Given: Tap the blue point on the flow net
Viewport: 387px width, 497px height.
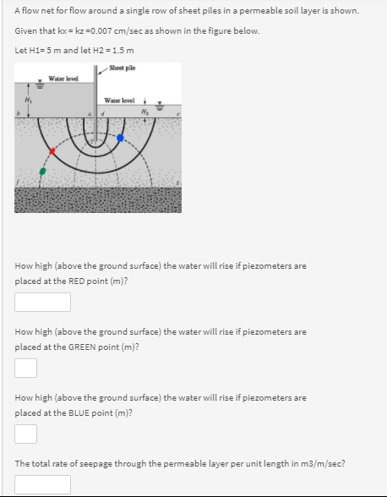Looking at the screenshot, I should pos(120,137).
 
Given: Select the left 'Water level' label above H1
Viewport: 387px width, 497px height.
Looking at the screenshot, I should pos(63,79).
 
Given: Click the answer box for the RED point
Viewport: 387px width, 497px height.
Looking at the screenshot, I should pos(42,302).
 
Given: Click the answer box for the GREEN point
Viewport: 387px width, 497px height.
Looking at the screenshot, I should pos(25,368).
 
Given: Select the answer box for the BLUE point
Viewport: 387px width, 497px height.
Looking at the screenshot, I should pos(25,434).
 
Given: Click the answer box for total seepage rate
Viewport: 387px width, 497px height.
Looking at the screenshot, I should pos(42,484).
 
